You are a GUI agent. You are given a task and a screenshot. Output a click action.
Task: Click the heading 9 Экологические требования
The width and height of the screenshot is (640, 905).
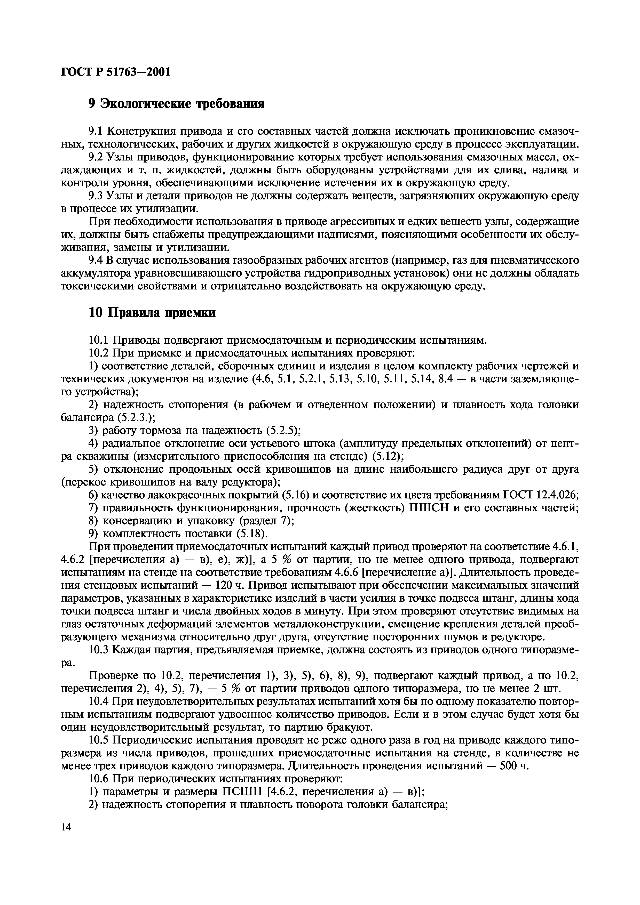[176, 104]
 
